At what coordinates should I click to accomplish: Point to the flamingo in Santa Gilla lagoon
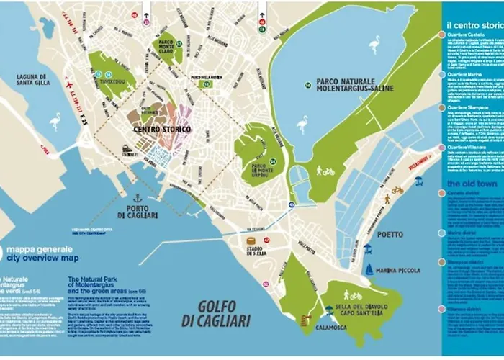point(55,121)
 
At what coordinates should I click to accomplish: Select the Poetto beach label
point(389,235)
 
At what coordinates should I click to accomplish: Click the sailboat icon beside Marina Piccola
point(369,270)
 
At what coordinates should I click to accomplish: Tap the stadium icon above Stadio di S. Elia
point(251,240)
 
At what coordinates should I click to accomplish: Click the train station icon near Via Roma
point(126,150)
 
